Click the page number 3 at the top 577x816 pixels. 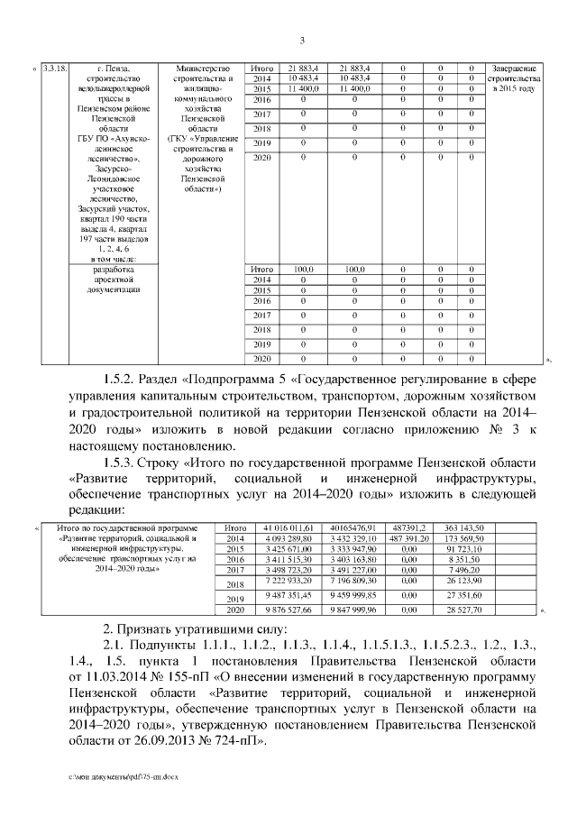[302, 39]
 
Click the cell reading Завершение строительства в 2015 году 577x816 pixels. [514, 78]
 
